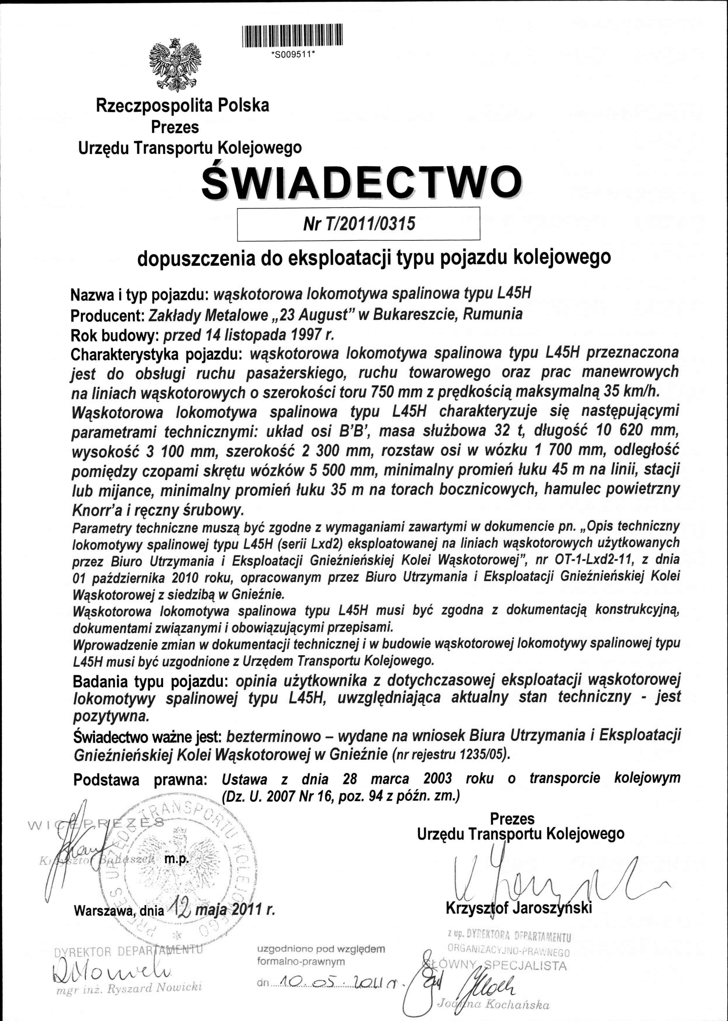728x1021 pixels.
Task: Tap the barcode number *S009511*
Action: [x=294, y=56]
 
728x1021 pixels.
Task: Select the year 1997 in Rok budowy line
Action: [x=307, y=335]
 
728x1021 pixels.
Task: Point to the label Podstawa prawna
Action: [x=140, y=780]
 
